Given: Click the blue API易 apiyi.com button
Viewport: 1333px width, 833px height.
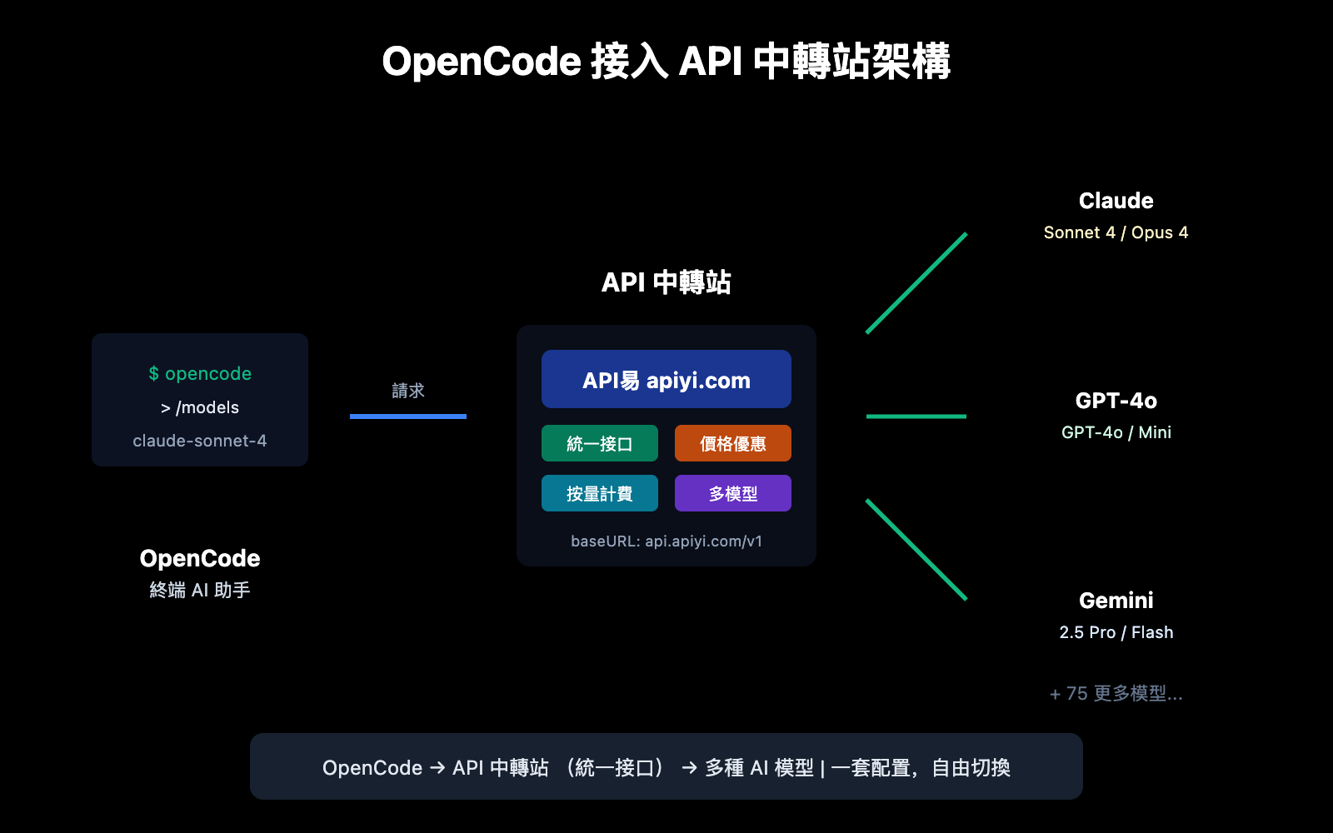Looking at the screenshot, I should [666, 380].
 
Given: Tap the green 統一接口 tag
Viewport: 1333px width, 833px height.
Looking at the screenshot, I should [600, 443].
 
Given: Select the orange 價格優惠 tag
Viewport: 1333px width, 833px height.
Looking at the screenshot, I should [733, 443].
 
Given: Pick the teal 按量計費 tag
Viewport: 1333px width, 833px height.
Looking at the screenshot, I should [600, 493].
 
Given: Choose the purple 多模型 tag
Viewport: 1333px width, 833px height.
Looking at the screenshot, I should [733, 493].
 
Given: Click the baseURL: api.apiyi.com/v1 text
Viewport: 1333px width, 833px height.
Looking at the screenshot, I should [666, 541].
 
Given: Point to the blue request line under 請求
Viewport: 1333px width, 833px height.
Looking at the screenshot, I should [408, 416].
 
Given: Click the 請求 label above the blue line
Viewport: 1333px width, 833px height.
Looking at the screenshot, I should [408, 391].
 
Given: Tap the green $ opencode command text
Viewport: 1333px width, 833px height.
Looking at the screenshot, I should [200, 374].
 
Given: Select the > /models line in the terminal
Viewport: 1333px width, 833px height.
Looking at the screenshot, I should [200, 407].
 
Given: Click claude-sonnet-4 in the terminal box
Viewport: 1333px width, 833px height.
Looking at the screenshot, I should [200, 441].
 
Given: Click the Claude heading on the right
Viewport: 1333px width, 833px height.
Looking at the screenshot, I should [1116, 201].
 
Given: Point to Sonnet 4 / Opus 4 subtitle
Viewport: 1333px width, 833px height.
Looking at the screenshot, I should [1116, 232].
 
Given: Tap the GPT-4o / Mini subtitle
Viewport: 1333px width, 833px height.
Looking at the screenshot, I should [1116, 432].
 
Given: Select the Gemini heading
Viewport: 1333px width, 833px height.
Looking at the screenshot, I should [1116, 601].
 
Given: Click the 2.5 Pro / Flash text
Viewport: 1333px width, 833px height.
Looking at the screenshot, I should [1116, 632].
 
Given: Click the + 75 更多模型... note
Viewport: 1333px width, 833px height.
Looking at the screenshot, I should [1116, 693].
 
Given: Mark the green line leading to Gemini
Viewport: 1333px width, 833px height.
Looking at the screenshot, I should [916, 550].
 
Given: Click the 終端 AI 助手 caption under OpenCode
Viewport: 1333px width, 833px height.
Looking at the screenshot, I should [200, 590].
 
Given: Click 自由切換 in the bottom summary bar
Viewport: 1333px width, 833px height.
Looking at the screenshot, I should [971, 767].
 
